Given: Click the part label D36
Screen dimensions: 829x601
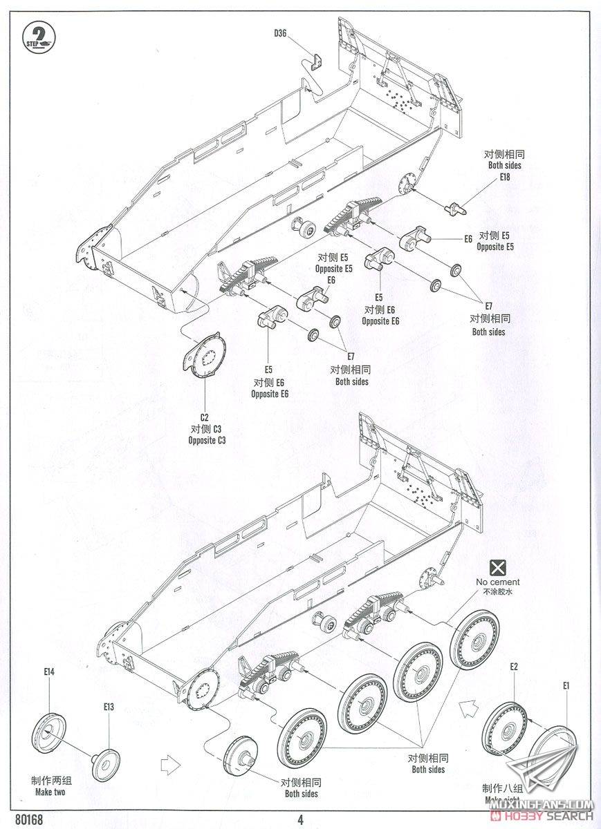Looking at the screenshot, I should point(279,32).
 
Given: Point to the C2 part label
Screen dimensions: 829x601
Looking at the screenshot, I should point(205,417).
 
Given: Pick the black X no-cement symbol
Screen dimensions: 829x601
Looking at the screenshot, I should point(497,568).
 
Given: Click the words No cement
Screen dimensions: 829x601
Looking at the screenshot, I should point(497,582).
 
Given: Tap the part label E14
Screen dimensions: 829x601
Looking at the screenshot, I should point(48,671).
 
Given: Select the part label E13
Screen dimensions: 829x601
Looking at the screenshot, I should point(109,707).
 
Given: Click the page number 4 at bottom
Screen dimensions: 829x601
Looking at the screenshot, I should point(301,820).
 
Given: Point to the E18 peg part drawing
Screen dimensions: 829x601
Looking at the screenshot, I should point(457,206).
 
